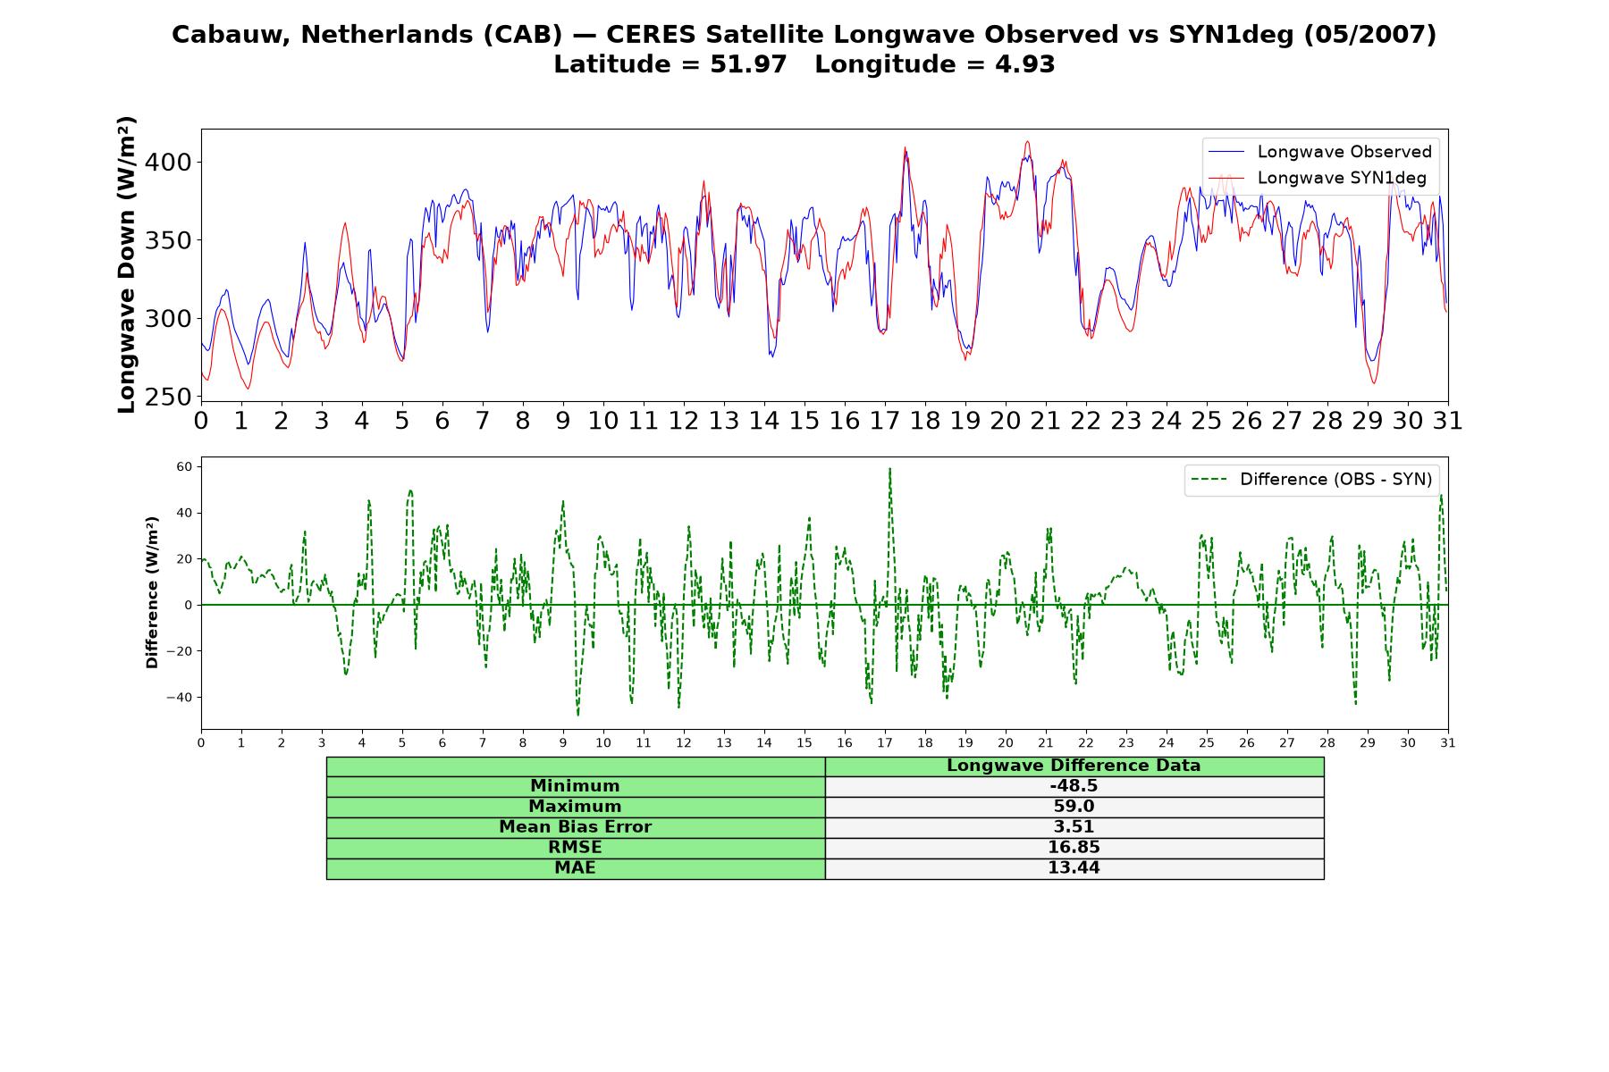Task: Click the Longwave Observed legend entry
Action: (1319, 152)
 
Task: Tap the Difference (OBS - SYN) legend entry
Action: (1311, 480)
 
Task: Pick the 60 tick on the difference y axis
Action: (185, 466)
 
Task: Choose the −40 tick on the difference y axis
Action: (181, 698)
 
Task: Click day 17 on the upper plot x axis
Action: (885, 421)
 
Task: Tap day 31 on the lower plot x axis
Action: (1447, 742)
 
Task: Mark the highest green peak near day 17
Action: (889, 469)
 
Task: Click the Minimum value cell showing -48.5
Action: (1074, 786)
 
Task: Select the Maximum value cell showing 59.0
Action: (1074, 807)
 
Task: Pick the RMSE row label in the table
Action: (576, 848)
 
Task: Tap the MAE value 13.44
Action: (1074, 868)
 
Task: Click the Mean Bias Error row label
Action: (576, 827)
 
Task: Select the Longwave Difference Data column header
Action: (1074, 766)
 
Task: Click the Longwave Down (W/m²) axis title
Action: (127, 264)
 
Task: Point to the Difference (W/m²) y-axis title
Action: (152, 592)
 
